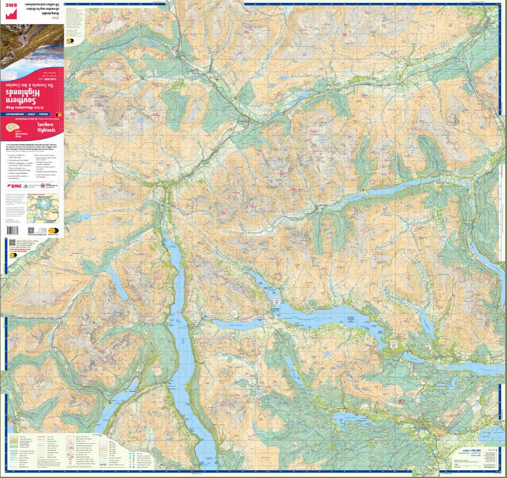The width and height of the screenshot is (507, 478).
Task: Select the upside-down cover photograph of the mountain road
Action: click(x=33, y=42)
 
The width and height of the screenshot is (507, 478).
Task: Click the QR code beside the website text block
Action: click(x=13, y=243)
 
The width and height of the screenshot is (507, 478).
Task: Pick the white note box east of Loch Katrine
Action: click(x=394, y=344)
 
